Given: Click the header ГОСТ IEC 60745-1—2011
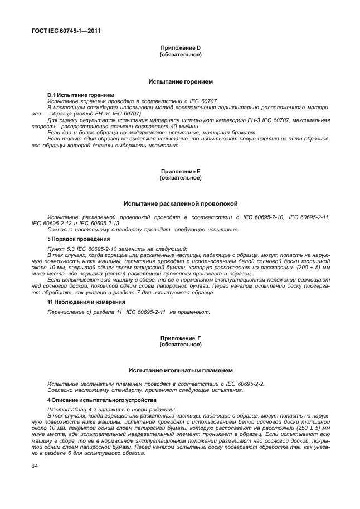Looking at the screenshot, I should pos(61,31).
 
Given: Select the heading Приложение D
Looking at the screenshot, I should pos(180,49).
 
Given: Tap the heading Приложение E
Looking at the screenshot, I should pos(180,172).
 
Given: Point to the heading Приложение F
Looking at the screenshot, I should pos(180,338).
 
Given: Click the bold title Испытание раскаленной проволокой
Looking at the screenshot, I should pos(180,204).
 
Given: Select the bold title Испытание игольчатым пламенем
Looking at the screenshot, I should pos(180,370).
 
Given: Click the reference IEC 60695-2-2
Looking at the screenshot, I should pos(243,384).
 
